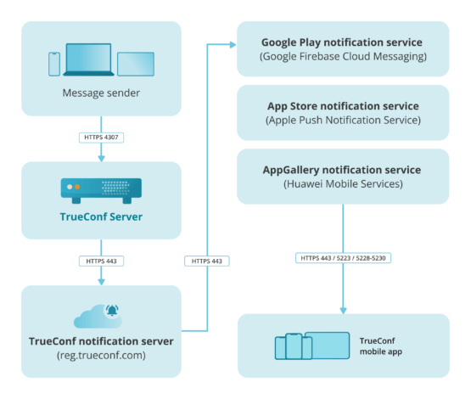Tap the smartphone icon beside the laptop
coord(54,64)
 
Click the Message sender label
coord(101,93)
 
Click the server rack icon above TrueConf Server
coord(101,188)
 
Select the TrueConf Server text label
coord(101,216)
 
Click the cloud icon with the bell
coord(96,315)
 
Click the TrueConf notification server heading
coord(101,341)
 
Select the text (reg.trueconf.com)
coord(101,357)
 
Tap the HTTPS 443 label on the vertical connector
coord(207,260)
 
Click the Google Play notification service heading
coord(342,42)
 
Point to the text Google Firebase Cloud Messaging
coord(342,57)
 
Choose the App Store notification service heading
coord(342,106)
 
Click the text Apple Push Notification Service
coord(342,121)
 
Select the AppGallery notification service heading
coord(342,170)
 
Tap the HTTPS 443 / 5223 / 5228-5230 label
coord(342,257)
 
